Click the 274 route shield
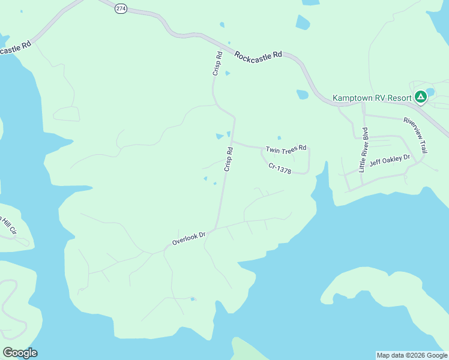coord(121,10)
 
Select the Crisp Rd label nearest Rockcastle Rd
coord(217,63)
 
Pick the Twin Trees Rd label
coord(286,148)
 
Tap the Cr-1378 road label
coord(280,169)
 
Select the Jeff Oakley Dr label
coord(389,161)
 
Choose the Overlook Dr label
coord(188,238)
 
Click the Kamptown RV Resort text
coord(372,98)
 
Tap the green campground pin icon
coord(421,96)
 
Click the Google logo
coord(20,353)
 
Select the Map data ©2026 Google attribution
coord(412,355)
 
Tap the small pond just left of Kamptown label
coord(303,94)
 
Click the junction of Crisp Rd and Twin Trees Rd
coord(232,142)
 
